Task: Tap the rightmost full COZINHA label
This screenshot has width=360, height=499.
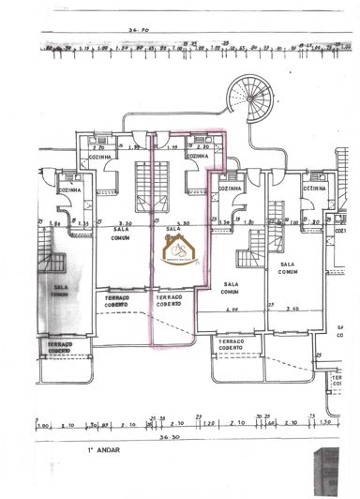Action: pyautogui.click(x=313, y=189)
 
